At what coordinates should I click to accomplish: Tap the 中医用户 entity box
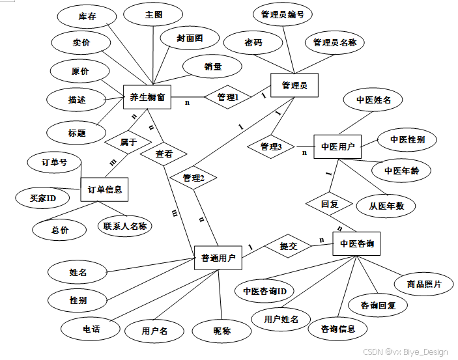tap(337, 147)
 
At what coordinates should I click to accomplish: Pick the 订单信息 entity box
tap(104, 189)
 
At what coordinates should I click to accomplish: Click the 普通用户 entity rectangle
tap(218, 258)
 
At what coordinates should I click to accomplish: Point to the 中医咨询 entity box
tap(357, 245)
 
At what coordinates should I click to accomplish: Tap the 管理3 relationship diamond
tap(271, 147)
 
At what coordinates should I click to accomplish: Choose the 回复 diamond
tap(329, 203)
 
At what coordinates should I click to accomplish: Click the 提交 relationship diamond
tap(288, 247)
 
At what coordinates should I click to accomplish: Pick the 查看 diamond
tap(164, 154)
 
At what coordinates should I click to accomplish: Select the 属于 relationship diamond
tap(128, 141)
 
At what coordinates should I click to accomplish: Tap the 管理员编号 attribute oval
tap(282, 15)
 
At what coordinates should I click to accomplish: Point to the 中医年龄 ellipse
tap(401, 171)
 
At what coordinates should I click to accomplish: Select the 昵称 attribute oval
tap(223, 331)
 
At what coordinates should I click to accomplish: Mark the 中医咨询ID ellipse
tap(265, 290)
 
